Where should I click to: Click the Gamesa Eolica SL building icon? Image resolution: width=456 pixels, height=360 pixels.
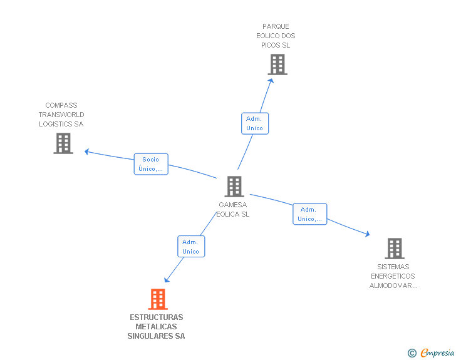[234, 186]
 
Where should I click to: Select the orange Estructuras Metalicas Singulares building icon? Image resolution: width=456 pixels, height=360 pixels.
[158, 299]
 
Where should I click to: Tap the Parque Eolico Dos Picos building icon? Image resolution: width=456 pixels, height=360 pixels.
[277, 64]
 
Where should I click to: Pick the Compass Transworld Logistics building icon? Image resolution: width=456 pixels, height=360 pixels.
[63, 143]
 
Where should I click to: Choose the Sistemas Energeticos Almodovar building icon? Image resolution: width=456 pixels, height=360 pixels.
[394, 249]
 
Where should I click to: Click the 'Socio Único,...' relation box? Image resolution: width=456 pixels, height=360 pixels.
[151, 164]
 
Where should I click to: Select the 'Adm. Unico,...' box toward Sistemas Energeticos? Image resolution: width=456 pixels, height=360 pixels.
[309, 214]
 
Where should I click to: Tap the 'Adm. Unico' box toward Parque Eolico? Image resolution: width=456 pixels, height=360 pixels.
[254, 123]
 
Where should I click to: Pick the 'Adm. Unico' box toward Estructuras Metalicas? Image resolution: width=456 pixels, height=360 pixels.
[190, 247]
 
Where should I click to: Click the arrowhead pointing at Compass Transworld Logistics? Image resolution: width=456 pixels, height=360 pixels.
[88, 151]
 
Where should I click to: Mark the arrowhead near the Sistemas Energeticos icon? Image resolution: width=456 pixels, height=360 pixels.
[367, 234]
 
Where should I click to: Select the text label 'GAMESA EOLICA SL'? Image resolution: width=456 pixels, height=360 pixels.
[233, 209]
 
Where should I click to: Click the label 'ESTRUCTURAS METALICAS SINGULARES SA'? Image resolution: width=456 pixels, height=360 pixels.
[156, 327]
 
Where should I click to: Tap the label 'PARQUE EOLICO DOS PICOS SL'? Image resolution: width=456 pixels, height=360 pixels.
[276, 36]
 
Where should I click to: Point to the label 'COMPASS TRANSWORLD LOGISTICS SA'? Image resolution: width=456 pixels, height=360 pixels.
[61, 115]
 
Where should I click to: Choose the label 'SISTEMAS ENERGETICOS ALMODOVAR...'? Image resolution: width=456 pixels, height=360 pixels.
[393, 276]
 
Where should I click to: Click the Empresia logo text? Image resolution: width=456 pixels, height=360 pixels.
[437, 353]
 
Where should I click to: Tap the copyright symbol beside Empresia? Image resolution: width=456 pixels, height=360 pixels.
[412, 354]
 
